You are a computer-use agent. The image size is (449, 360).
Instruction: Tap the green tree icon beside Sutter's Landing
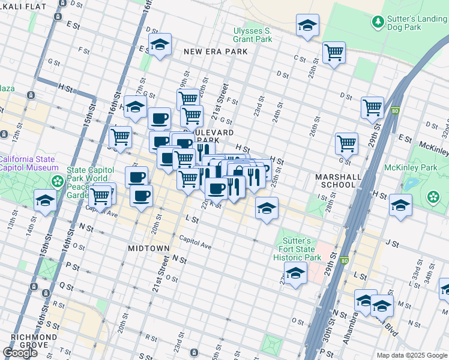pyautogui.click(x=378, y=23)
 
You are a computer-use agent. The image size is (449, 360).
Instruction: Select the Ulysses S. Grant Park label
pyautogui.click(x=253, y=35)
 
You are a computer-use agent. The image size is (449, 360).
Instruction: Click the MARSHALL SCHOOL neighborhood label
pyautogui.click(x=339, y=181)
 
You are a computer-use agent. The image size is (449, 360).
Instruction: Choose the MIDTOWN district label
pyautogui.click(x=149, y=248)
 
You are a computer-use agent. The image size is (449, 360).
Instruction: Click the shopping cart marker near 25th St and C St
pyautogui.click(x=333, y=52)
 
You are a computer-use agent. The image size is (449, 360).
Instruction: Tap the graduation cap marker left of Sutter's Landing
pyautogui.click(x=307, y=25)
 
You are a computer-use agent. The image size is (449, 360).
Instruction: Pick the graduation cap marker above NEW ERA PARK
pyautogui.click(x=160, y=44)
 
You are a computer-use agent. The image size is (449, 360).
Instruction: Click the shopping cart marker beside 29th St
pyautogui.click(x=372, y=107)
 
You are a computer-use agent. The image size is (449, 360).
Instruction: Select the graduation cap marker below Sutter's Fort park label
pyautogui.click(x=295, y=274)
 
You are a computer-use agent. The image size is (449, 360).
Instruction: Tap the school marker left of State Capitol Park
pyautogui.click(x=45, y=202)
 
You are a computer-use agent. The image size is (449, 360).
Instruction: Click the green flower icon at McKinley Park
pyautogui.click(x=433, y=197)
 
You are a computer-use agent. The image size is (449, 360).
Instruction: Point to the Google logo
pyautogui.click(x=20, y=353)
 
